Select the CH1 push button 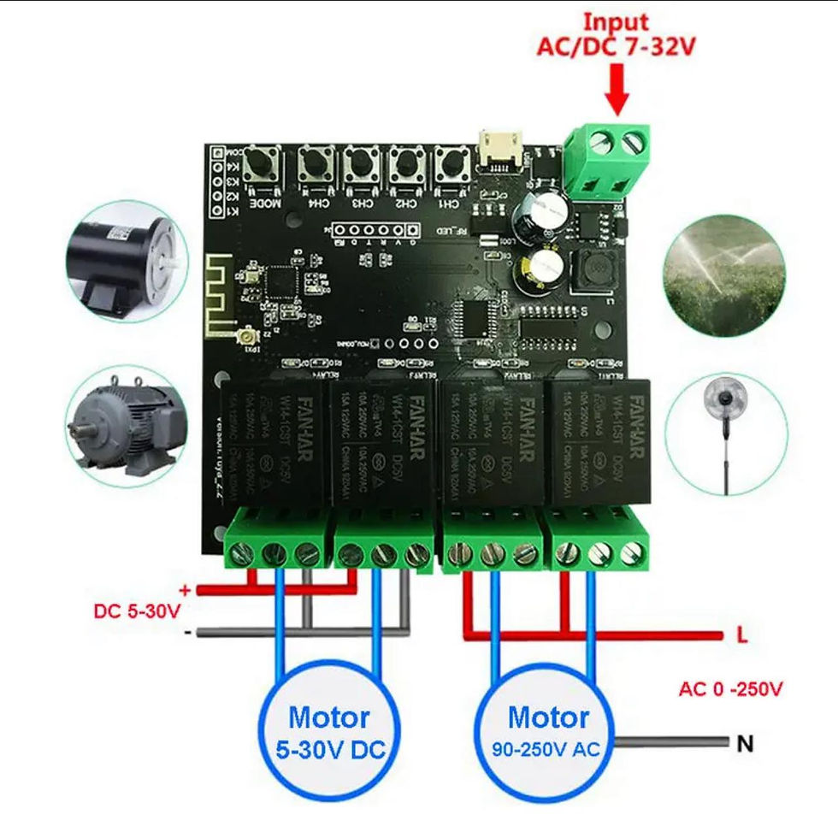(449, 163)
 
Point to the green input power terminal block (608, 158)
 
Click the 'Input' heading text (616, 21)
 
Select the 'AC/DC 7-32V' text (616, 46)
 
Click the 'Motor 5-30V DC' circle (329, 731)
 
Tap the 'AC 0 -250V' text (731, 688)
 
